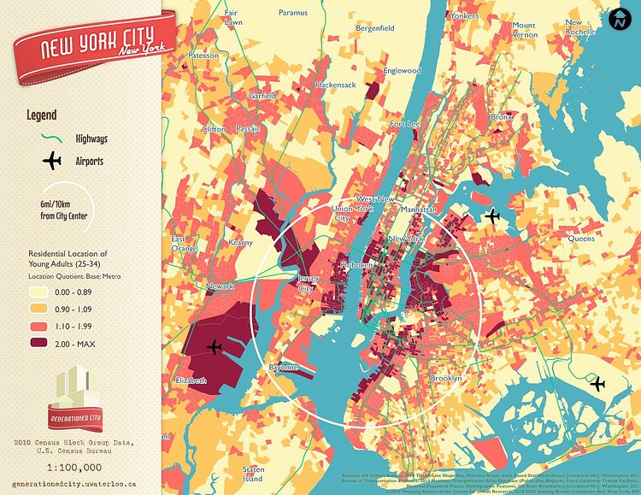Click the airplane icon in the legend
pos(51,160)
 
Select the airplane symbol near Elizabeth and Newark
pos(215,347)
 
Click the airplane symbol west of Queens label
pos(491,216)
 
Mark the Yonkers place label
pos(464,15)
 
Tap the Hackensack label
pos(335,85)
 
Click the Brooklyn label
pos(445,377)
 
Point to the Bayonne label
pos(284,367)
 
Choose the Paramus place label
pos(292,13)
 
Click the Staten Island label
pos(254,473)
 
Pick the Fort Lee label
pos(405,124)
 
